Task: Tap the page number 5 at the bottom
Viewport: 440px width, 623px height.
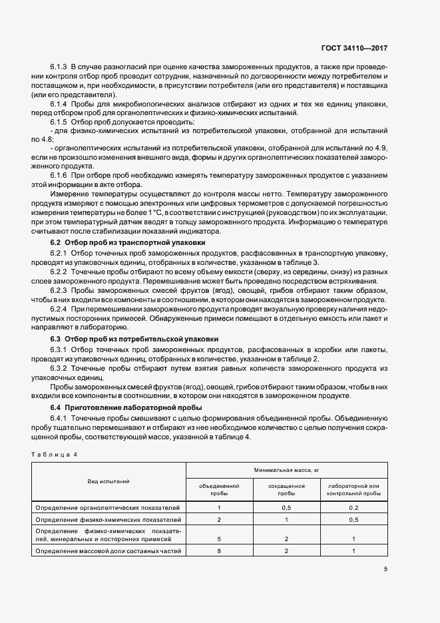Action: (385, 568)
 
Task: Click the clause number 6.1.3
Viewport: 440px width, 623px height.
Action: (58, 67)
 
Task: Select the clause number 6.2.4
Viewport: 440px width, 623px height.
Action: (58, 310)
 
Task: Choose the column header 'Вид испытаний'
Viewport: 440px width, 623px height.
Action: (108, 481)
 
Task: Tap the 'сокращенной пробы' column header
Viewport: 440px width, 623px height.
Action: (286, 491)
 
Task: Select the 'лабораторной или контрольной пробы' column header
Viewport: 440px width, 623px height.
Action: (353, 491)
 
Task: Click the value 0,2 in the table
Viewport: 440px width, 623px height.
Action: (353, 507)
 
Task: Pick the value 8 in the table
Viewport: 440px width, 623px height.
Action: (219, 552)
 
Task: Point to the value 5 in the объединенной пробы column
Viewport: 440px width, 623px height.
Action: (219, 538)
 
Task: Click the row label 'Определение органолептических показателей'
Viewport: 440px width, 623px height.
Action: (108, 507)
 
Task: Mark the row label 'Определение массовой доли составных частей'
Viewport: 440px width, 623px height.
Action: (108, 552)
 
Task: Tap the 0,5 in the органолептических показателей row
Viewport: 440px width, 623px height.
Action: (286, 507)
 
